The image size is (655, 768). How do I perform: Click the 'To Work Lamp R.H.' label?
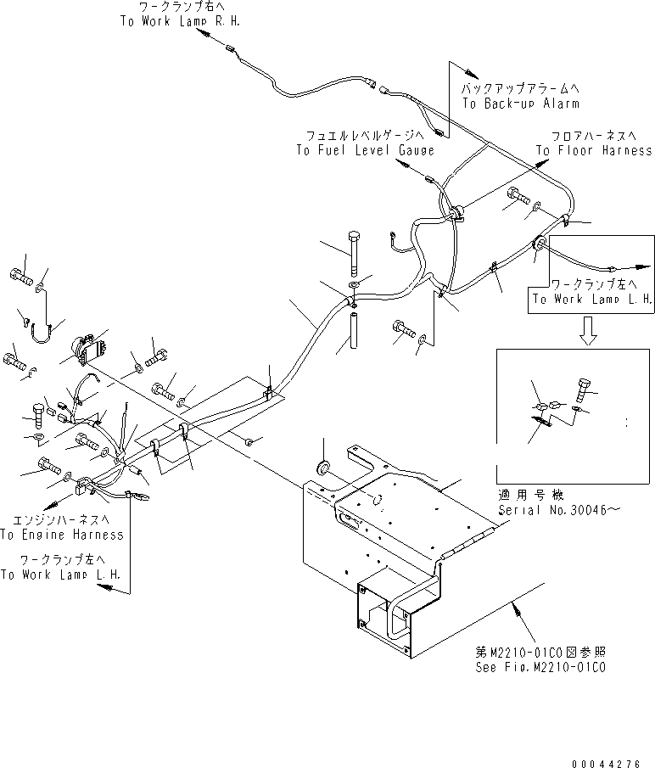click(x=180, y=21)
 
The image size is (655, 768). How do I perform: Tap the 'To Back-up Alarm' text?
click(x=521, y=104)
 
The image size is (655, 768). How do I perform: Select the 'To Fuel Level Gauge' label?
click(x=365, y=150)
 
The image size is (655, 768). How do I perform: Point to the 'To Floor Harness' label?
click(x=594, y=150)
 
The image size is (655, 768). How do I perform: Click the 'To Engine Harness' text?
click(x=62, y=535)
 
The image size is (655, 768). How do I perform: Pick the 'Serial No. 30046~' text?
click(x=559, y=510)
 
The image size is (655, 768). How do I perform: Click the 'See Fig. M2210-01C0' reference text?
click(x=540, y=667)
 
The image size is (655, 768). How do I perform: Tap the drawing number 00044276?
click(x=606, y=764)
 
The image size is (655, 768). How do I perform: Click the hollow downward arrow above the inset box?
click(x=588, y=331)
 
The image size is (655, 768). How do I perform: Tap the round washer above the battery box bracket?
click(x=323, y=468)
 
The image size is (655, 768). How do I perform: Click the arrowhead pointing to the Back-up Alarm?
click(x=472, y=74)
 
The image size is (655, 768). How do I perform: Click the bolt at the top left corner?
click(x=20, y=277)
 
